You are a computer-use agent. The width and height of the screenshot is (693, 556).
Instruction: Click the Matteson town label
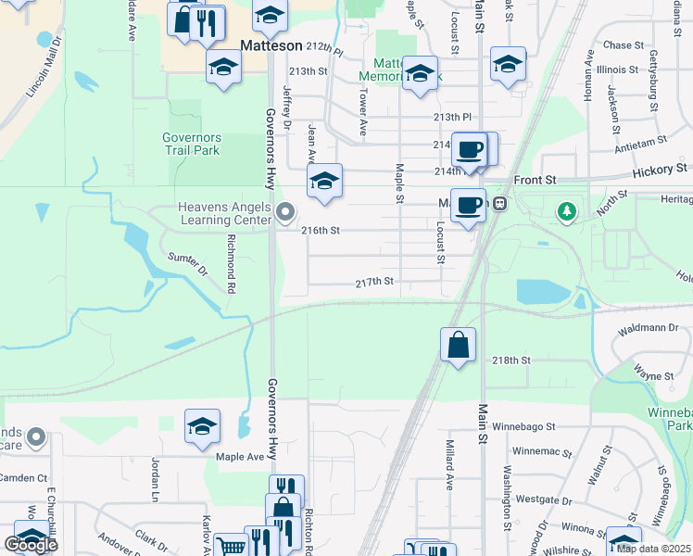click(x=271, y=44)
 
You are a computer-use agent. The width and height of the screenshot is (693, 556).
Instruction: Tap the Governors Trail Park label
click(x=192, y=144)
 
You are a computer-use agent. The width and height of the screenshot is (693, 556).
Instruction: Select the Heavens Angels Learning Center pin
click(x=285, y=213)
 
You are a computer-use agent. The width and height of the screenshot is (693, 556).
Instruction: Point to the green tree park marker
click(x=566, y=212)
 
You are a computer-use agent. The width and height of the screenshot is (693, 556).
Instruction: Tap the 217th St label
click(x=375, y=281)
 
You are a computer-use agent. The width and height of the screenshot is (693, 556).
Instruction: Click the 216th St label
click(x=321, y=230)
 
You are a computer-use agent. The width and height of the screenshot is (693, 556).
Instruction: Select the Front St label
click(x=535, y=180)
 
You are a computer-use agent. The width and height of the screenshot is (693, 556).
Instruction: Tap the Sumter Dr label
click(x=186, y=263)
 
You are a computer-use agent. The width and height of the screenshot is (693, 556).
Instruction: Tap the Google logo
click(x=31, y=545)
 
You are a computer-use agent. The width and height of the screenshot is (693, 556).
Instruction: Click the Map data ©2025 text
click(x=652, y=548)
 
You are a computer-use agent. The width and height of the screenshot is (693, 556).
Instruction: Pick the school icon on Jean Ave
click(x=324, y=182)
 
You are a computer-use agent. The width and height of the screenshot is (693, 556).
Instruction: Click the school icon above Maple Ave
click(x=202, y=427)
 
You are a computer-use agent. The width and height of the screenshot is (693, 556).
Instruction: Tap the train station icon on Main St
click(x=499, y=203)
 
